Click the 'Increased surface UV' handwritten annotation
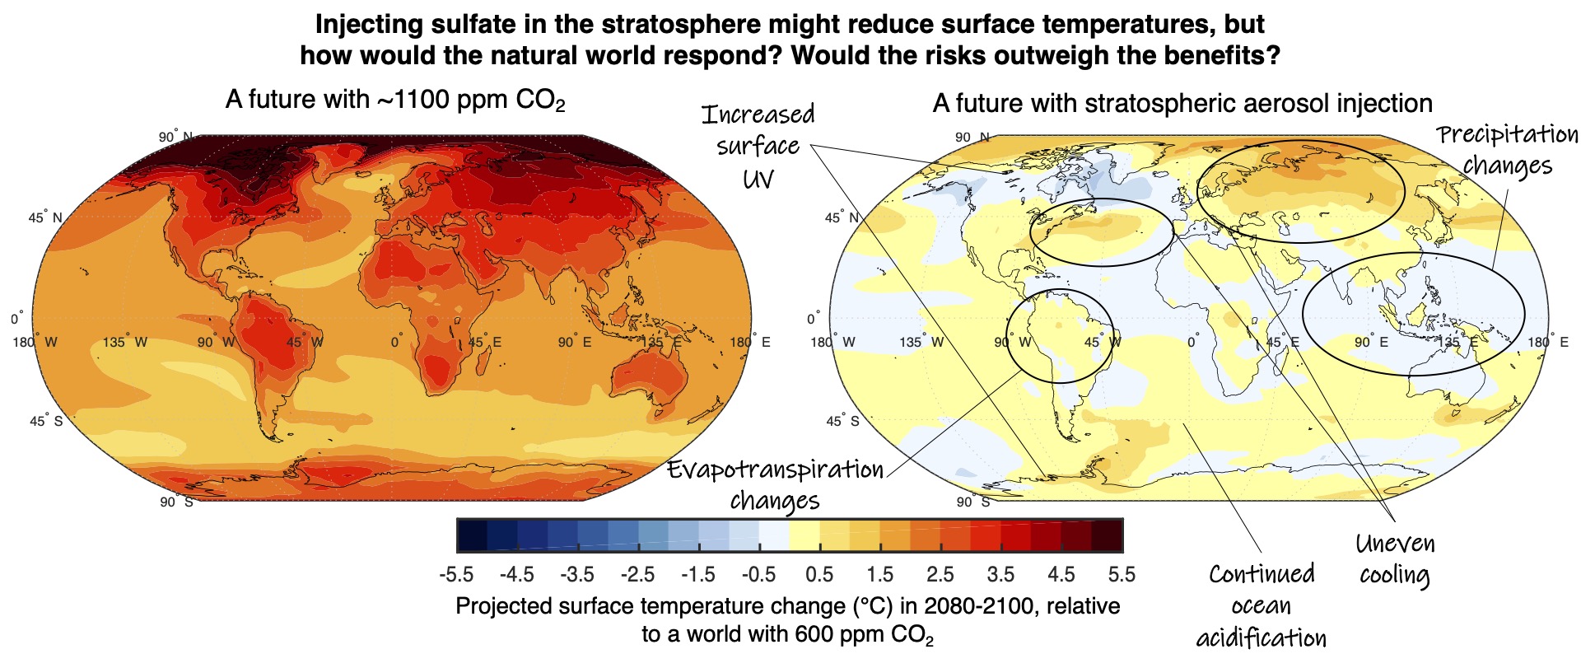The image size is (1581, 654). (758, 146)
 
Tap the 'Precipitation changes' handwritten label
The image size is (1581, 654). (1508, 150)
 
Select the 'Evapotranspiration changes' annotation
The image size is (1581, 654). (775, 484)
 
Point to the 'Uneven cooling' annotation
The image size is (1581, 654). (1395, 558)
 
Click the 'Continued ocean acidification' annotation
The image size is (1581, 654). (1262, 605)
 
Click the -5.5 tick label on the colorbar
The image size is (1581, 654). (457, 575)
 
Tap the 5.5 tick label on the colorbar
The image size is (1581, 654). (1122, 575)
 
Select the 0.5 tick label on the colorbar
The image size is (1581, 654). (820, 575)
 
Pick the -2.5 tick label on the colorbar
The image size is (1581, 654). (638, 575)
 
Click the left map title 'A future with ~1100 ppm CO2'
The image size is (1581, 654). (395, 100)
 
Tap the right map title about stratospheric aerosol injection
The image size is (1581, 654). (1182, 104)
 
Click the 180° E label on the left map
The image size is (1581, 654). (750, 342)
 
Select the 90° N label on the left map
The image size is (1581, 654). (175, 137)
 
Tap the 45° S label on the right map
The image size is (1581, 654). (842, 421)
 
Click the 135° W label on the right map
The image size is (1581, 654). (921, 342)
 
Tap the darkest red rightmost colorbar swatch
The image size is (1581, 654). (1108, 535)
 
